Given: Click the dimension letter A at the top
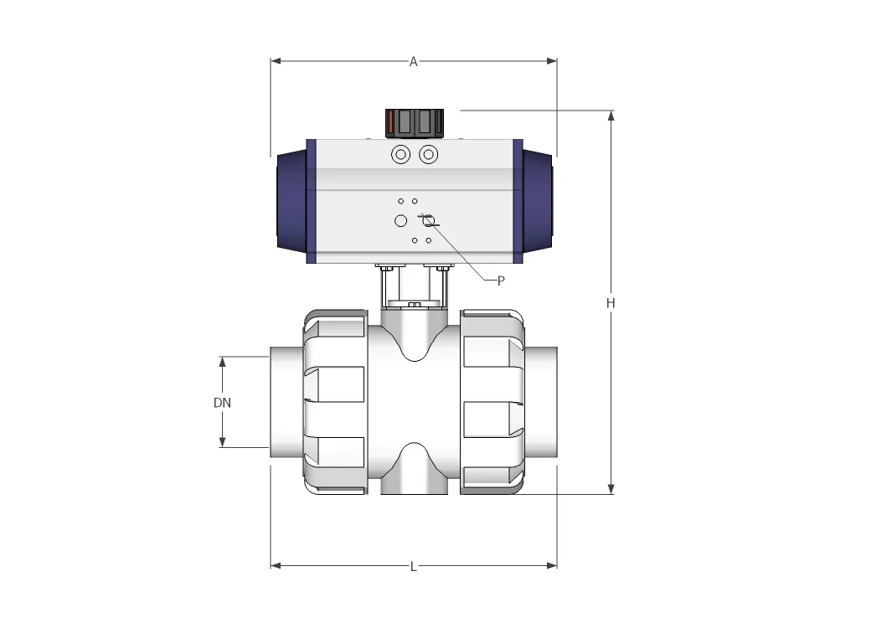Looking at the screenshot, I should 413,61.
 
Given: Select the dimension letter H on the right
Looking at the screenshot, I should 611,303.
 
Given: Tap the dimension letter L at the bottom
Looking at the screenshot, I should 413,567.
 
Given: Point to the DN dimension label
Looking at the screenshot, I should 222,402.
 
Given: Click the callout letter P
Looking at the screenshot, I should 501,281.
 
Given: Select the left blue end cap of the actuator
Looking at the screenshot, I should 291,201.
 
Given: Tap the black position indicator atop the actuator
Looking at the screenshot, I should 414,124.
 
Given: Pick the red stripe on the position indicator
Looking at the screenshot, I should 390,124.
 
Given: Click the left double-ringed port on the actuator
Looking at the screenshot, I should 400,155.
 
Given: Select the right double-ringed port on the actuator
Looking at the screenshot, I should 428,155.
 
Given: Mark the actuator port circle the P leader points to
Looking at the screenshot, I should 428,220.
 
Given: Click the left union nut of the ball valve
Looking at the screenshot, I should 334,401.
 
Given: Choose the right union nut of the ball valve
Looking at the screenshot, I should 492,401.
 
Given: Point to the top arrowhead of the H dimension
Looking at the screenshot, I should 611,116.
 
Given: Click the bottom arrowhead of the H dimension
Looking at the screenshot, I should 611,488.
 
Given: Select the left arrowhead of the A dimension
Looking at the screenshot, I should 276,61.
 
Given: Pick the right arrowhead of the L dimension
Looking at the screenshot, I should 551,566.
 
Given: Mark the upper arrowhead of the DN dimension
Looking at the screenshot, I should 223,362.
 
